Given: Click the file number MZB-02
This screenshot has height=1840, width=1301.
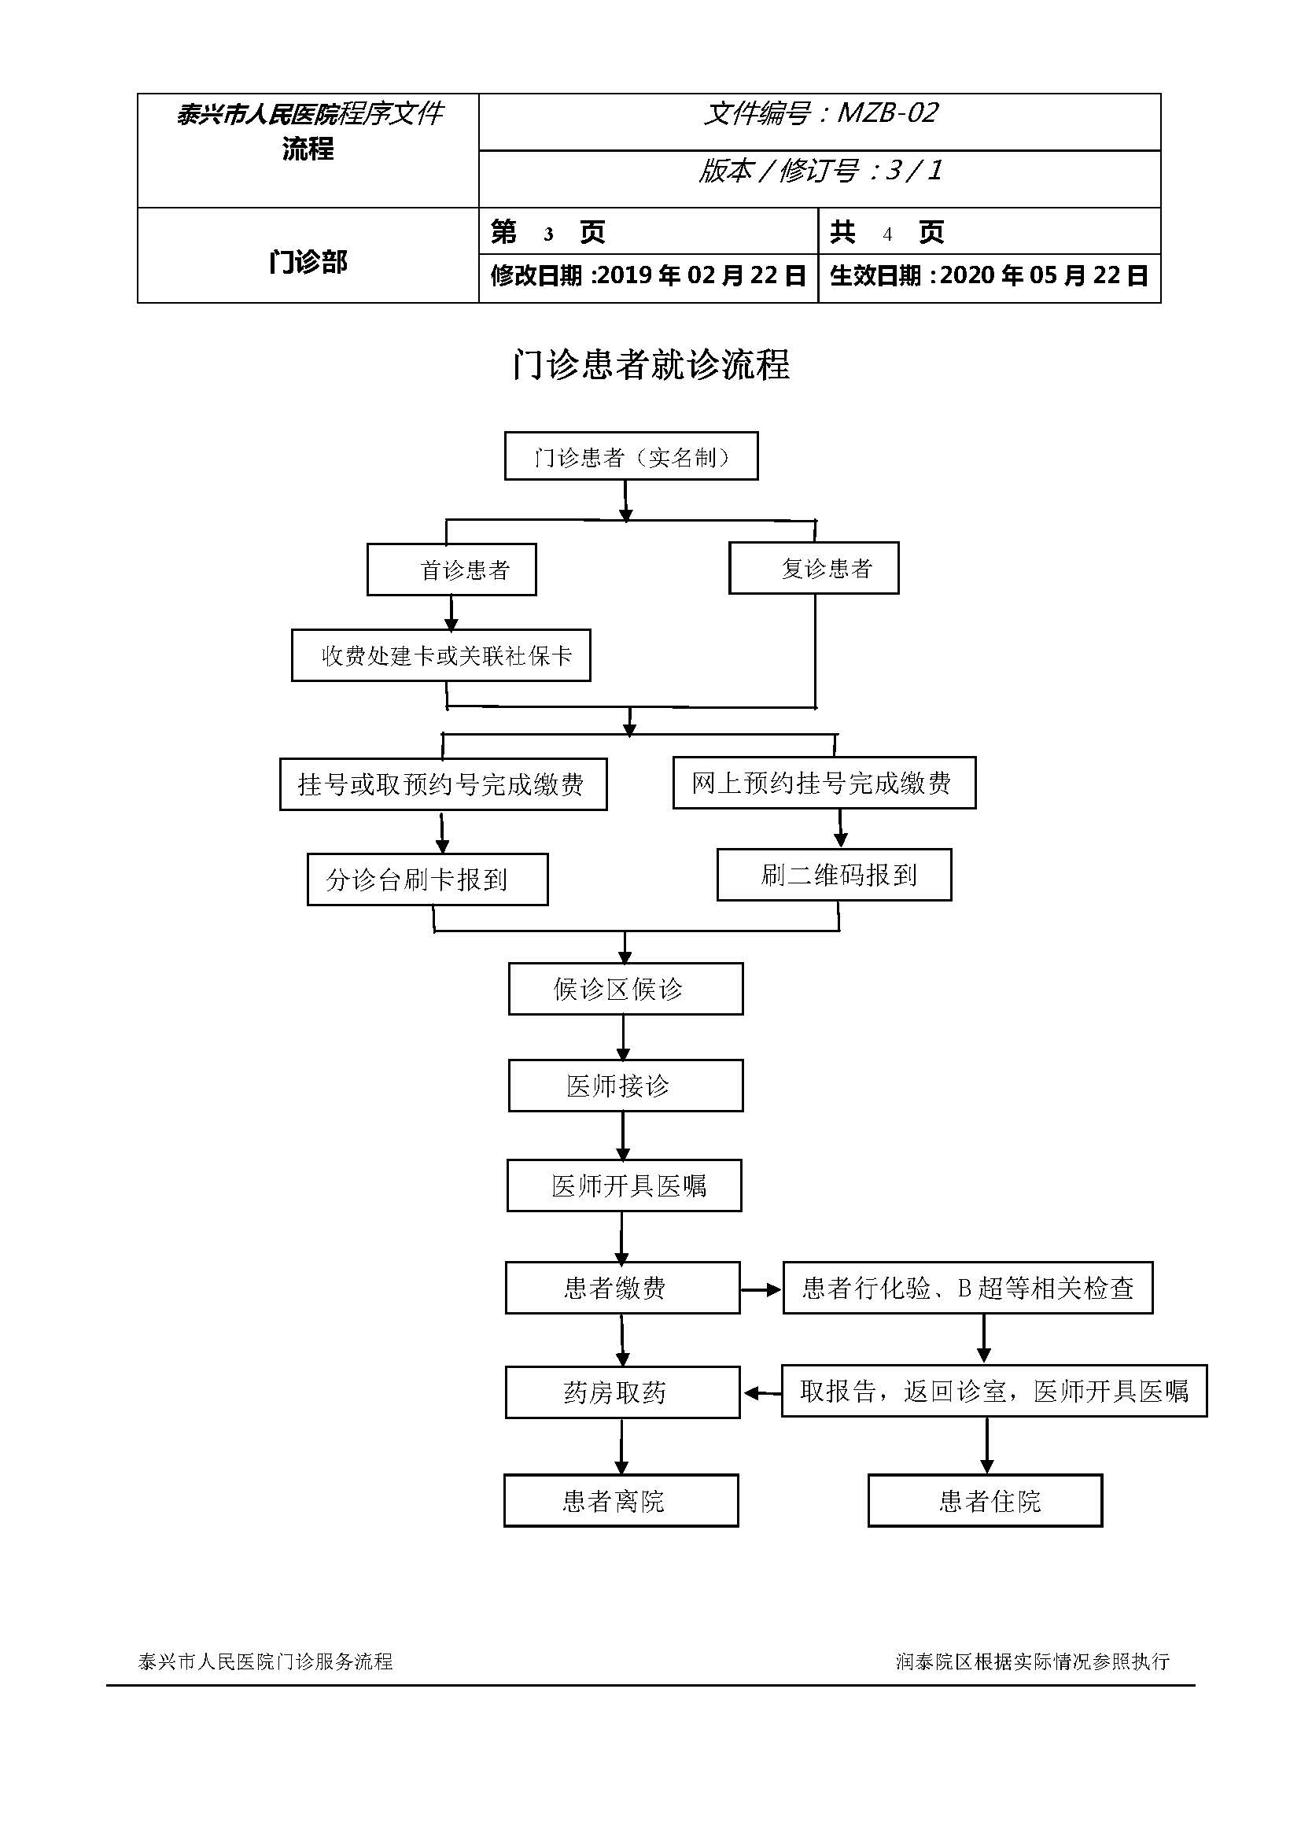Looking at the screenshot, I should pyautogui.click(x=886, y=114).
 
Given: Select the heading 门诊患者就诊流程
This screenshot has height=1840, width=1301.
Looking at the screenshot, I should pyautogui.click(x=650, y=366).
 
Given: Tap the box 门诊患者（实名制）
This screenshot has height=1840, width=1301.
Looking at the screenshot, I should pyautogui.click(x=632, y=457).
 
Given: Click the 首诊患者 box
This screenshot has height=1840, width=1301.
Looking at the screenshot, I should pyautogui.click(x=451, y=570).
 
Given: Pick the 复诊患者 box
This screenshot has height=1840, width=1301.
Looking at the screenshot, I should pyautogui.click(x=814, y=568).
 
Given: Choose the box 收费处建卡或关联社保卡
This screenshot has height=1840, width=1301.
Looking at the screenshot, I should pyautogui.click(x=440, y=655).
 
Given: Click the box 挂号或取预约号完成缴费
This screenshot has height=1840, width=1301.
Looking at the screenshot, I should pyautogui.click(x=443, y=784).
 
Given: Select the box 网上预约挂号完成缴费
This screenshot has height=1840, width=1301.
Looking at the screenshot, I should pyautogui.click(x=824, y=782).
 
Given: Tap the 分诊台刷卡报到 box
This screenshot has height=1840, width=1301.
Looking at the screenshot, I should pyautogui.click(x=428, y=879).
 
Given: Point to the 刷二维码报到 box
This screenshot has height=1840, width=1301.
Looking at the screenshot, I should pyautogui.click(x=834, y=875).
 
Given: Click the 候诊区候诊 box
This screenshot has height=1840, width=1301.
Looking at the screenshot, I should pyautogui.click(x=625, y=989).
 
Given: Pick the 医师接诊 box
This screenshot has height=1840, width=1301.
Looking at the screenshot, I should pyautogui.click(x=625, y=1086).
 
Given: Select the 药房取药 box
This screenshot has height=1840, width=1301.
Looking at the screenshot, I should pyautogui.click(x=622, y=1393).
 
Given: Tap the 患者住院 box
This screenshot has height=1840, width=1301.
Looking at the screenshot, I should pyautogui.click(x=986, y=1501).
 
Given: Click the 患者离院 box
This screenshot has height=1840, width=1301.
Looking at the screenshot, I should pyautogui.click(x=621, y=1501).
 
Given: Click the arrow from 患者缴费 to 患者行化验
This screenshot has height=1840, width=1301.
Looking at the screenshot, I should pyautogui.click(x=761, y=1289).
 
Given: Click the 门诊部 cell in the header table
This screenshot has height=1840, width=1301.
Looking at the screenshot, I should pyautogui.click(x=308, y=262).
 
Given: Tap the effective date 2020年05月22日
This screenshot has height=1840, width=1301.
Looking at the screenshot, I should pyautogui.click(x=1044, y=275).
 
